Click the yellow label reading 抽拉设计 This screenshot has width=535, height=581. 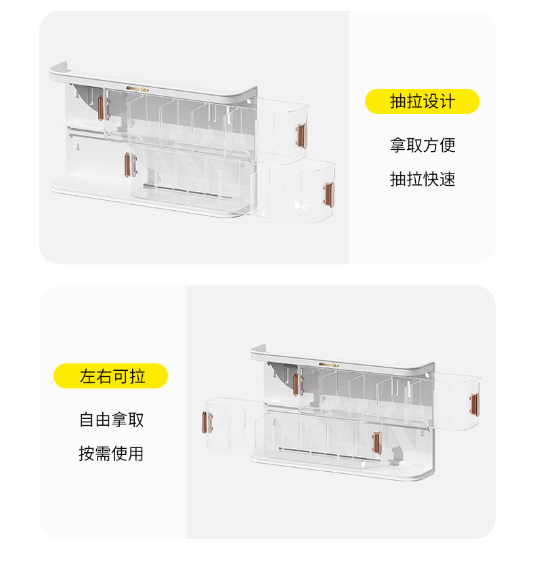(x=422, y=102)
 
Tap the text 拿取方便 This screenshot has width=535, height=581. (x=422, y=144)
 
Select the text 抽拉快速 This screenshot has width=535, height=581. (x=422, y=179)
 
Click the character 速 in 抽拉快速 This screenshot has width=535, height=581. (x=447, y=179)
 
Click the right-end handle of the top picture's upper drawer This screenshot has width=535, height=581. (x=302, y=134)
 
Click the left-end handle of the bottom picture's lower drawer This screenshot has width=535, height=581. (x=205, y=421)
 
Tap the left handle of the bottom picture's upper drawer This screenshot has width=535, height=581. (x=296, y=384)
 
